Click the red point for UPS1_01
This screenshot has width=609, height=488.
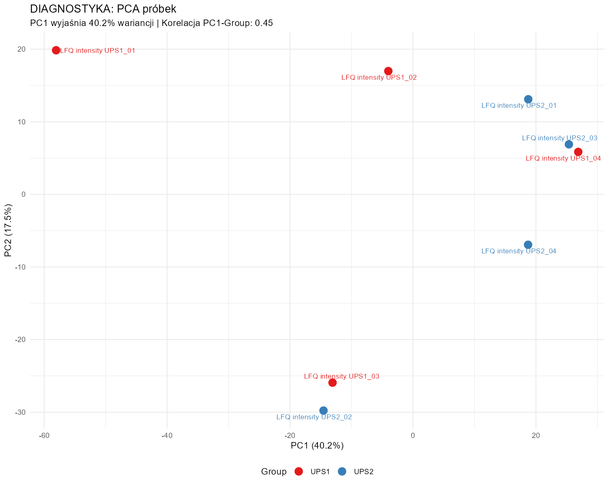pyautogui.click(x=56, y=50)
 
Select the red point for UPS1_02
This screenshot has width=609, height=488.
pyautogui.click(x=388, y=71)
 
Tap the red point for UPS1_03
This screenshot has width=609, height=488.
pyautogui.click(x=333, y=383)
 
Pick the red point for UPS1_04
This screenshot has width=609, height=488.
pyautogui.click(x=578, y=152)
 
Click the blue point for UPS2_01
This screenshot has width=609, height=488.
pyautogui.click(x=528, y=99)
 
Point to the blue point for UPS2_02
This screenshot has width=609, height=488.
pyautogui.click(x=324, y=411)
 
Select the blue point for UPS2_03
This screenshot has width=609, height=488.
pyautogui.click(x=569, y=144)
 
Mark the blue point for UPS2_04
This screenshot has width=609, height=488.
pyautogui.click(x=528, y=245)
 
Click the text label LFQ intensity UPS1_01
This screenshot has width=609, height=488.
pyautogui.click(x=97, y=51)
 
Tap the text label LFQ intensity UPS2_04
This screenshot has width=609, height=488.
pyautogui.click(x=519, y=251)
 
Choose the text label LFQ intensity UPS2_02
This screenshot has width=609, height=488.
pyautogui.click(x=314, y=417)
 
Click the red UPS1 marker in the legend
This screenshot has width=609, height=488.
pyautogui.click(x=299, y=471)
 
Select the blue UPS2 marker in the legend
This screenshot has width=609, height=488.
pyautogui.click(x=342, y=471)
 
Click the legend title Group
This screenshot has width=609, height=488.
pyautogui.click(x=274, y=472)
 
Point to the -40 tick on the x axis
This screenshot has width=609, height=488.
pyautogui.click(x=167, y=436)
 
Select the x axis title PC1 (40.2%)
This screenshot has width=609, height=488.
pyautogui.click(x=317, y=446)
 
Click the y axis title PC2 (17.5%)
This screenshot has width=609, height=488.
pyautogui.click(x=9, y=230)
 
